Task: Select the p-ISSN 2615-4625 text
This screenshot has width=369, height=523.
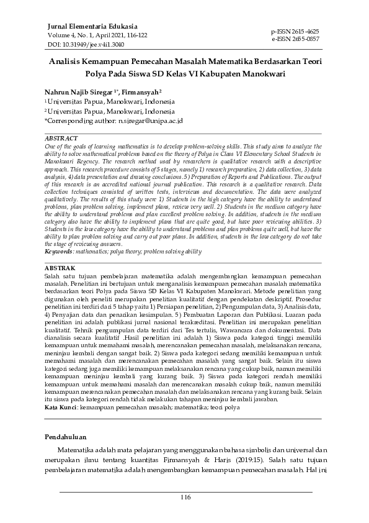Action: tap(295, 30)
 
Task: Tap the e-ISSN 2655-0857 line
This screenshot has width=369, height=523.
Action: tap(295, 39)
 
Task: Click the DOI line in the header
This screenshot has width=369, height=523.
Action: tap(76, 45)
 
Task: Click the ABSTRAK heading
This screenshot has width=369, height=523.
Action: tap(60, 285)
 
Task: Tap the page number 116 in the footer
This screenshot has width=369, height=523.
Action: tap(185, 497)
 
